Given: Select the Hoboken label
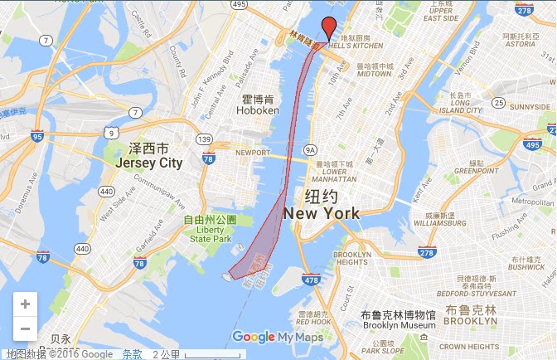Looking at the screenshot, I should point(255,104).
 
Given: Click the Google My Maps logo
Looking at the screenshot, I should point(277,337).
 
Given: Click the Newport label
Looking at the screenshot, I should point(252,153).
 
